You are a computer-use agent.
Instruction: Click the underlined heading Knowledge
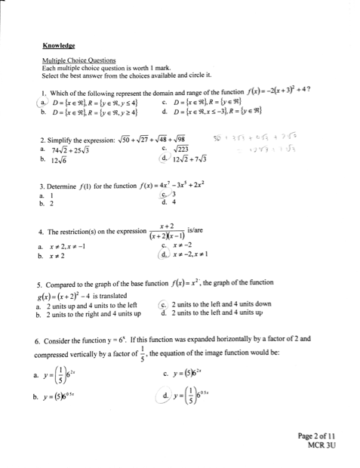pos(58,45)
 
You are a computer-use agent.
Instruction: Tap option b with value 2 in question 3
pos(47,204)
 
